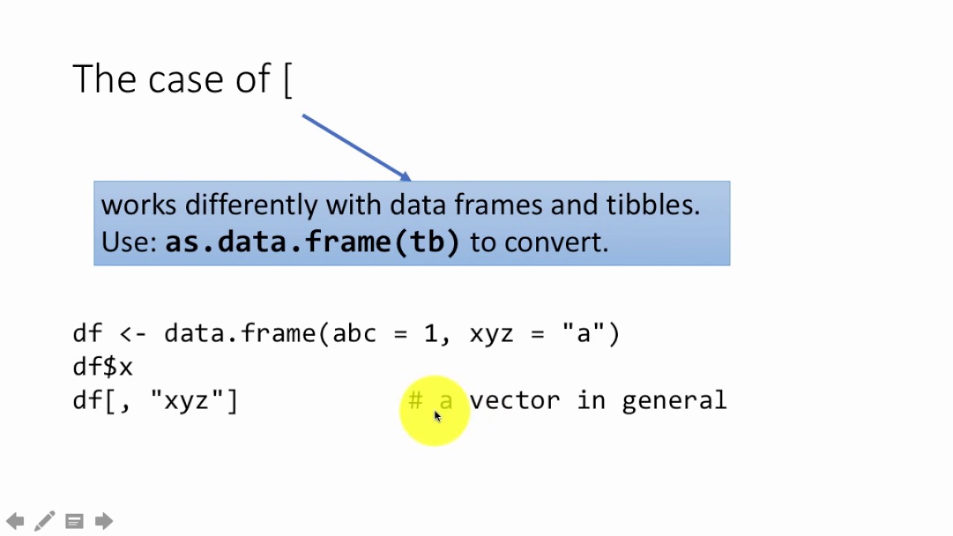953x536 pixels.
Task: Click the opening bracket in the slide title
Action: pos(288,80)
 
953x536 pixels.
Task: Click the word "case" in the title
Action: pos(185,80)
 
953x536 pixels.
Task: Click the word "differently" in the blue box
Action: pos(252,205)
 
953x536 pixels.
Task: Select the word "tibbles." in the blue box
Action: pos(653,205)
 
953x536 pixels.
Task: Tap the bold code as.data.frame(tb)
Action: pos(313,242)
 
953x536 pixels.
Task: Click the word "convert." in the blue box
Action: pos(556,243)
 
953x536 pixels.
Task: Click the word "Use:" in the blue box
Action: pos(130,243)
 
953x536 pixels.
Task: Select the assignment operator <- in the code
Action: pos(133,334)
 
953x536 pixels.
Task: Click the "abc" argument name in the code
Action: pos(355,334)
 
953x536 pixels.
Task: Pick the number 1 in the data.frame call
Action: pos(430,334)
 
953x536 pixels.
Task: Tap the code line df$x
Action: pos(103,367)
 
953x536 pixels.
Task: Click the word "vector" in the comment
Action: pos(514,401)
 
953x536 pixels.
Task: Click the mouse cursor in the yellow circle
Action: pos(438,416)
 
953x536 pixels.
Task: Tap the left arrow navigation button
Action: pos(16,521)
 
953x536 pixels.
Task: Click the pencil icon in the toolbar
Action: pos(44,520)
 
